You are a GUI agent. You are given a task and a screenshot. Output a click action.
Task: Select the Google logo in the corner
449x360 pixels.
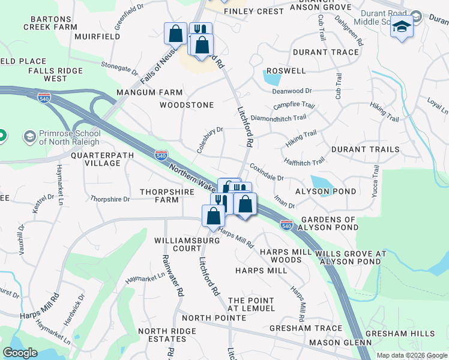(x=20, y=353)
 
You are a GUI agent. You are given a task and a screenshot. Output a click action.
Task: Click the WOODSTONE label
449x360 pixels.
(x=187, y=105)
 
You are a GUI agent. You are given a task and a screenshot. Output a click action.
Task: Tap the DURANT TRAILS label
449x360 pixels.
(x=365, y=149)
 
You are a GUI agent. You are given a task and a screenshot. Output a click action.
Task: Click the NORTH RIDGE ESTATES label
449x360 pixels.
(x=167, y=335)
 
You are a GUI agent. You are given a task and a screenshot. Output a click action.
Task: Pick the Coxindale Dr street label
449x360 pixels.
(x=267, y=173)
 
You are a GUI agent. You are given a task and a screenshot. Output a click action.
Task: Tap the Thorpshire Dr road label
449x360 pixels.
(x=110, y=199)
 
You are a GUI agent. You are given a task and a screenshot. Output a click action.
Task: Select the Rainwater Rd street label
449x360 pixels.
(x=171, y=275)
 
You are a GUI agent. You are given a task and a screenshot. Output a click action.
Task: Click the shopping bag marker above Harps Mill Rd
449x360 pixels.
(x=214, y=216)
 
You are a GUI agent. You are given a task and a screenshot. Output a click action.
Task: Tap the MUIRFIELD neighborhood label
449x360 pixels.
(x=98, y=37)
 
